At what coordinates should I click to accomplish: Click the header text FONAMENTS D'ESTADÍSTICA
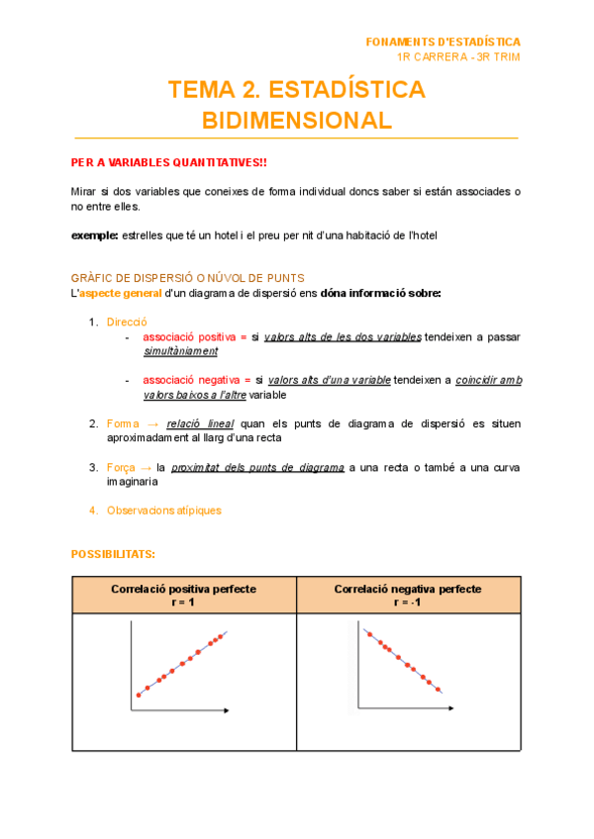[x=443, y=42]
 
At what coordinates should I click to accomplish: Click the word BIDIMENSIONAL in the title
[x=297, y=121]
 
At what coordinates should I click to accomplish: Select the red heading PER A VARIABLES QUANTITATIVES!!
[x=168, y=162]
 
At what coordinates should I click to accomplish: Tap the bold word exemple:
[x=94, y=235]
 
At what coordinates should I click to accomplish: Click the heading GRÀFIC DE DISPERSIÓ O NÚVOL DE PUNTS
[x=187, y=278]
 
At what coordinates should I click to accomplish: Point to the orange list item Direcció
[x=127, y=322]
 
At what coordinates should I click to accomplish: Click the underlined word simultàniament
[x=180, y=351]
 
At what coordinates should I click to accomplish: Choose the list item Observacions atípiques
[x=164, y=511]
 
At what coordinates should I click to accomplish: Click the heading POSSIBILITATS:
[x=113, y=554]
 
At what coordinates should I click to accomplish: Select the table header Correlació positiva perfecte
[x=183, y=589]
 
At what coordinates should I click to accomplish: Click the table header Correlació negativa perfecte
[x=408, y=589]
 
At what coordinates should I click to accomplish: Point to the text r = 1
[x=183, y=602]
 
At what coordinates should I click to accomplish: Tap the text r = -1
[x=408, y=602]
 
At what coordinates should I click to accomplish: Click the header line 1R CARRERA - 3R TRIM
[x=457, y=56]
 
